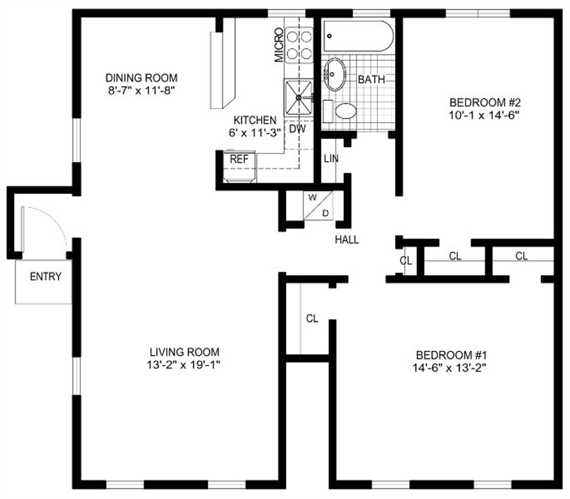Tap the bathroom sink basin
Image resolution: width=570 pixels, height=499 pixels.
pos(334,74)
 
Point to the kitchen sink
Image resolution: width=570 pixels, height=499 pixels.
pos(299,97)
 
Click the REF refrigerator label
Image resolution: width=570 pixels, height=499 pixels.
pos(239,159)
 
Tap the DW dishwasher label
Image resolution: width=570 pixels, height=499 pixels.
pos(298,129)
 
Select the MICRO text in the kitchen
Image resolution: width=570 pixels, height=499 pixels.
pos(279,45)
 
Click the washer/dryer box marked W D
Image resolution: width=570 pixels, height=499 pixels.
pos(318,205)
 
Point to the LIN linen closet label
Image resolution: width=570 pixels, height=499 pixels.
pos(331,158)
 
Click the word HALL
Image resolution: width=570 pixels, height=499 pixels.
pos(347,240)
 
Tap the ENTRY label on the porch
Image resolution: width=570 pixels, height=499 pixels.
pos(46,277)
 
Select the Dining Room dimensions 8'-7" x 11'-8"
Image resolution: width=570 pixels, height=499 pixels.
pos(141,90)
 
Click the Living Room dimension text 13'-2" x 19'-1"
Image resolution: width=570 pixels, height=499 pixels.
pos(184,365)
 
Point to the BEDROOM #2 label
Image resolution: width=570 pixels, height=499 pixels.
pos(484,102)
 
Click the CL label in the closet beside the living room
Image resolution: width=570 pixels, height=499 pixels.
pos(312,319)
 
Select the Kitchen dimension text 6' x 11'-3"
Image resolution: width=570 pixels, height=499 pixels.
pos(255,133)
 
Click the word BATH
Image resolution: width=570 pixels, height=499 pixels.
pos(371,79)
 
